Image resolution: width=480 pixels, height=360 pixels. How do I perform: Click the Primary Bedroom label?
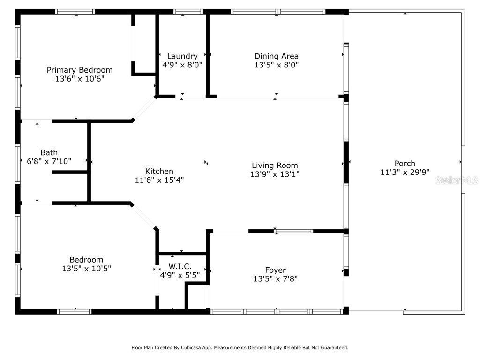(80, 70)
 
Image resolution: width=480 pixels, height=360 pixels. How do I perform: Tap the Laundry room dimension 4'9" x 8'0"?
(182, 65)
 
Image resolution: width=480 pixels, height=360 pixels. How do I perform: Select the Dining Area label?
(276, 56)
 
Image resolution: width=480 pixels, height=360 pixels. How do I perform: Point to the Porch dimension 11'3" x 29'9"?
(405, 172)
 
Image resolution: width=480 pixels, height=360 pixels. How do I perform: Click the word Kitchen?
(159, 171)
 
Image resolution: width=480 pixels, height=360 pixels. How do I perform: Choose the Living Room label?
(275, 165)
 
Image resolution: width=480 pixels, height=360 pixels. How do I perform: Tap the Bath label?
(49, 152)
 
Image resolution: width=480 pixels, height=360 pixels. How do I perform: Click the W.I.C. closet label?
(183, 266)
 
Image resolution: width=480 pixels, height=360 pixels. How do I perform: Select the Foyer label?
(275, 270)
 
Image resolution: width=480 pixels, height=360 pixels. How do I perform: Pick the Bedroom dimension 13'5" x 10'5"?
(87, 269)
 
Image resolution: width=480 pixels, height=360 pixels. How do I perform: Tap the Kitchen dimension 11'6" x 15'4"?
(159, 180)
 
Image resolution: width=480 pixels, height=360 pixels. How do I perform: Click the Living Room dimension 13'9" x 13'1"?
(275, 174)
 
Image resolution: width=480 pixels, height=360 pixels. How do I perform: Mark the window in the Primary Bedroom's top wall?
(75, 12)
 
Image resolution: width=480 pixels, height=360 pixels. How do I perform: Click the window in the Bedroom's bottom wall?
(74, 311)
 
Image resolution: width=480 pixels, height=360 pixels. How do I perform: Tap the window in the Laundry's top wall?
(181, 12)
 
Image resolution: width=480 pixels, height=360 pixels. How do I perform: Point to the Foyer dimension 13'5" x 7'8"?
(275, 278)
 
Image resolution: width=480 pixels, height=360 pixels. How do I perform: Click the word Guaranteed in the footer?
(333, 348)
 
